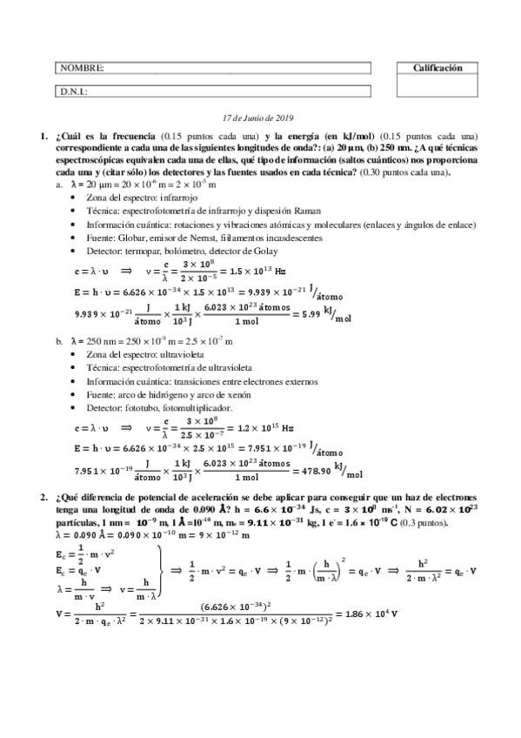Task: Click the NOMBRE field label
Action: click(82, 68)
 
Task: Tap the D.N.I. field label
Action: click(73, 91)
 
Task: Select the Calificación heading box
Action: click(437, 68)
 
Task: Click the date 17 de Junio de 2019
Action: click(259, 117)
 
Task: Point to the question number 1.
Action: click(43, 137)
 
